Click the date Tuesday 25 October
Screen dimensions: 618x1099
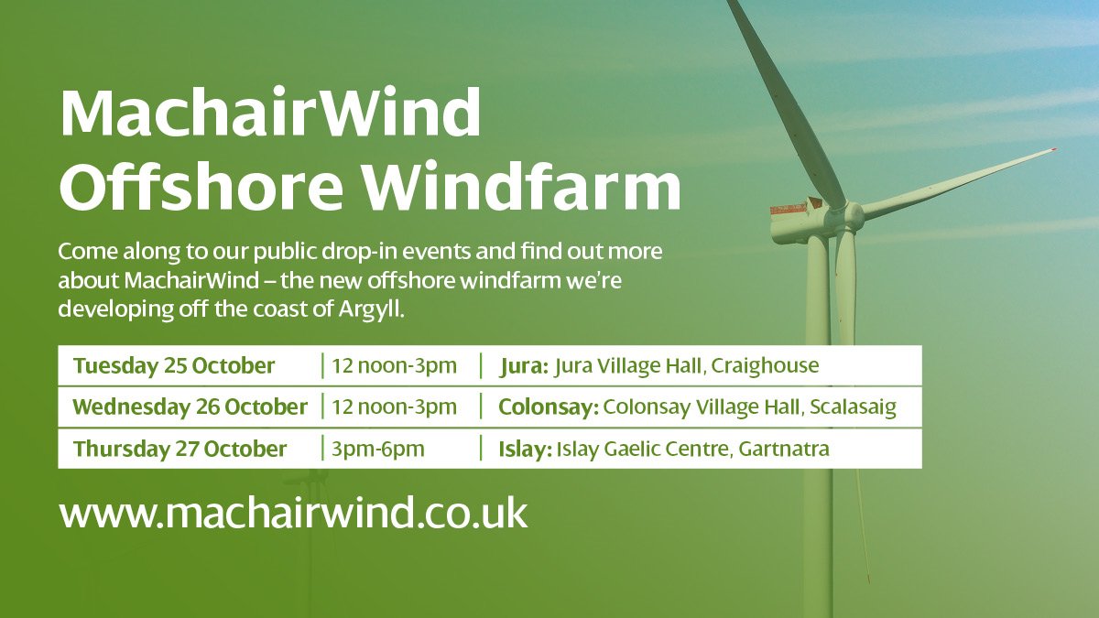click(174, 366)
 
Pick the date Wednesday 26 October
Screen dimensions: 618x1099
click(190, 407)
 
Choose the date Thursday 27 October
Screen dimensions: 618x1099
click(180, 450)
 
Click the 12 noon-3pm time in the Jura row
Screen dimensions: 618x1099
click(394, 366)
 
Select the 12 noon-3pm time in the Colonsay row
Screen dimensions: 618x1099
click(394, 407)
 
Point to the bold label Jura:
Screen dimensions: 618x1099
click(524, 366)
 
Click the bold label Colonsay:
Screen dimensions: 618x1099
click(548, 407)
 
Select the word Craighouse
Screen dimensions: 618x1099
click(765, 366)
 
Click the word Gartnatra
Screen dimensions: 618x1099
click(787, 450)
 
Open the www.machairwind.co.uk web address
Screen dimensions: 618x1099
click(293, 513)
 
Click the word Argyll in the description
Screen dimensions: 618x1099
click(368, 309)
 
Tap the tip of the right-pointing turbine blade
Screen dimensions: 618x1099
click(1052, 149)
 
